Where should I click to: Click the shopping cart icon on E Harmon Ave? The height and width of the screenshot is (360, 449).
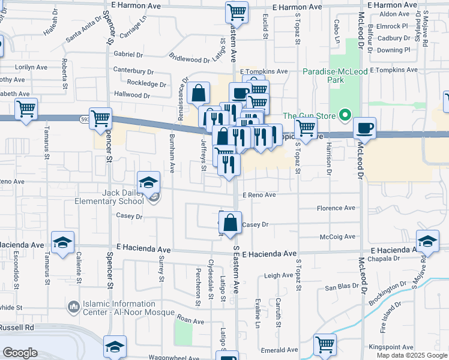point(237,11)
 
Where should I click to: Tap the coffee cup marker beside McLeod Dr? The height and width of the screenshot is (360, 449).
point(364,127)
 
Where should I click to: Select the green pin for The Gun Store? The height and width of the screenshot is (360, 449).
point(345,115)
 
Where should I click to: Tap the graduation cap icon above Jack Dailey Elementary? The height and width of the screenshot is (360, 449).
point(148,182)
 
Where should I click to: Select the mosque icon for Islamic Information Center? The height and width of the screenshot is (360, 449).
point(74,308)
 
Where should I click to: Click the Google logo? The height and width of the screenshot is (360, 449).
point(20,353)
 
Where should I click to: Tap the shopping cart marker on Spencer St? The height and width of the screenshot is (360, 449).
point(100,118)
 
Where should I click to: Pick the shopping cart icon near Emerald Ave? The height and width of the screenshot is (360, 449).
point(325,345)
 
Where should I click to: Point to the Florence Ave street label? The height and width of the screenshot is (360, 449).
point(336,208)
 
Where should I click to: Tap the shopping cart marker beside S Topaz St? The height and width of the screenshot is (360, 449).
point(306,127)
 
